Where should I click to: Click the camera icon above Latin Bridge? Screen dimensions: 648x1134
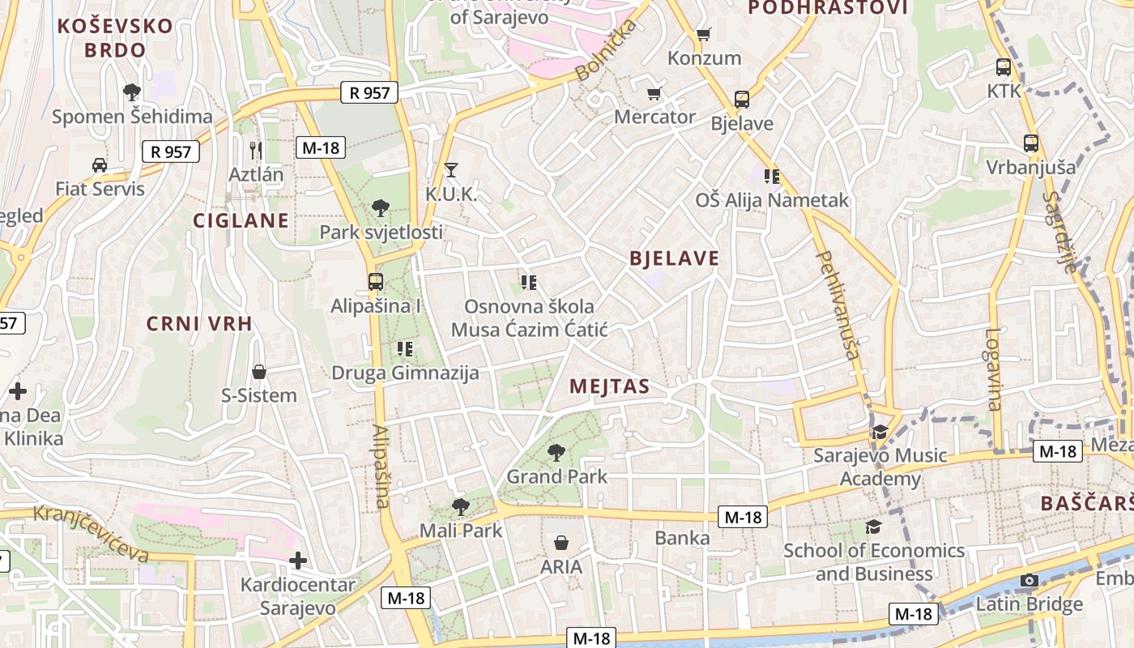click(x=1030, y=580)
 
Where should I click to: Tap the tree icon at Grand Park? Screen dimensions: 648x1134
click(x=556, y=453)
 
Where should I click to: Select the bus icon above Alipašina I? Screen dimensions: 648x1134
click(x=375, y=282)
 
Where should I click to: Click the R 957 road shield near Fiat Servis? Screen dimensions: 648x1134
click(x=171, y=151)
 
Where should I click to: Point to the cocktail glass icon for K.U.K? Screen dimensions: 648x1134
click(x=451, y=170)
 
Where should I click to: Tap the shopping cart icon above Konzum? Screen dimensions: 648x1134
click(x=703, y=34)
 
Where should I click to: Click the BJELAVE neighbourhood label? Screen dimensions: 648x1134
click(x=674, y=258)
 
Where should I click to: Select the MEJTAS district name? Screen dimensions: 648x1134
click(x=609, y=386)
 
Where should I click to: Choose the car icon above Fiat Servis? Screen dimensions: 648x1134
click(x=100, y=165)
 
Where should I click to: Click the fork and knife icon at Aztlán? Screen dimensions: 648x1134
click(x=256, y=150)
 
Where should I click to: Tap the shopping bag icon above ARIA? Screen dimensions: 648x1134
click(x=561, y=543)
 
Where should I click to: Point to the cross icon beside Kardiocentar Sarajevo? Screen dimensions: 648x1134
click(x=298, y=560)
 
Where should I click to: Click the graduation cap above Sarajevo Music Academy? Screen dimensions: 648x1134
click(x=880, y=432)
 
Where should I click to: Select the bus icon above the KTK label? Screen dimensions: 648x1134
click(x=1004, y=67)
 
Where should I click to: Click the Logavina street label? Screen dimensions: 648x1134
click(x=994, y=369)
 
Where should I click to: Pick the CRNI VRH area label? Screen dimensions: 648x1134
click(x=199, y=324)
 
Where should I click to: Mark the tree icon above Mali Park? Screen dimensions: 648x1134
click(x=460, y=507)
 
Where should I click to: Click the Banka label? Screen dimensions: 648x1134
click(x=682, y=538)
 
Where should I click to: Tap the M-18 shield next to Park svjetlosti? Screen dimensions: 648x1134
click(x=322, y=147)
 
